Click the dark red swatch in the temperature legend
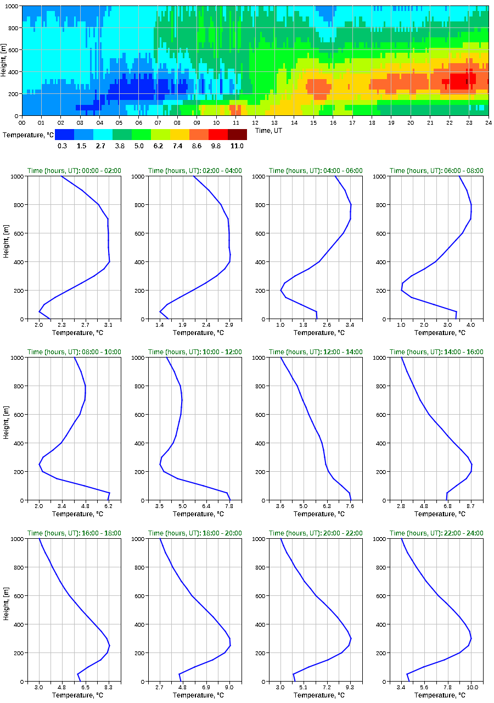click(x=237, y=135)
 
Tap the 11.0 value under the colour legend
click(x=237, y=146)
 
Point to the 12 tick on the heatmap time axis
click(x=255, y=122)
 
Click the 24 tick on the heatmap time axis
click(x=488, y=122)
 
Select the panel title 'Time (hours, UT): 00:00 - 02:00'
click(x=74, y=171)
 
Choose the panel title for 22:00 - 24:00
click(x=436, y=533)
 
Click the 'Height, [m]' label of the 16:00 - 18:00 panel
click(x=5, y=610)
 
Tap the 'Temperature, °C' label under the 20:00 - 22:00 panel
click(x=316, y=695)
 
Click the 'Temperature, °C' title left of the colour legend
click(x=27, y=135)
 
